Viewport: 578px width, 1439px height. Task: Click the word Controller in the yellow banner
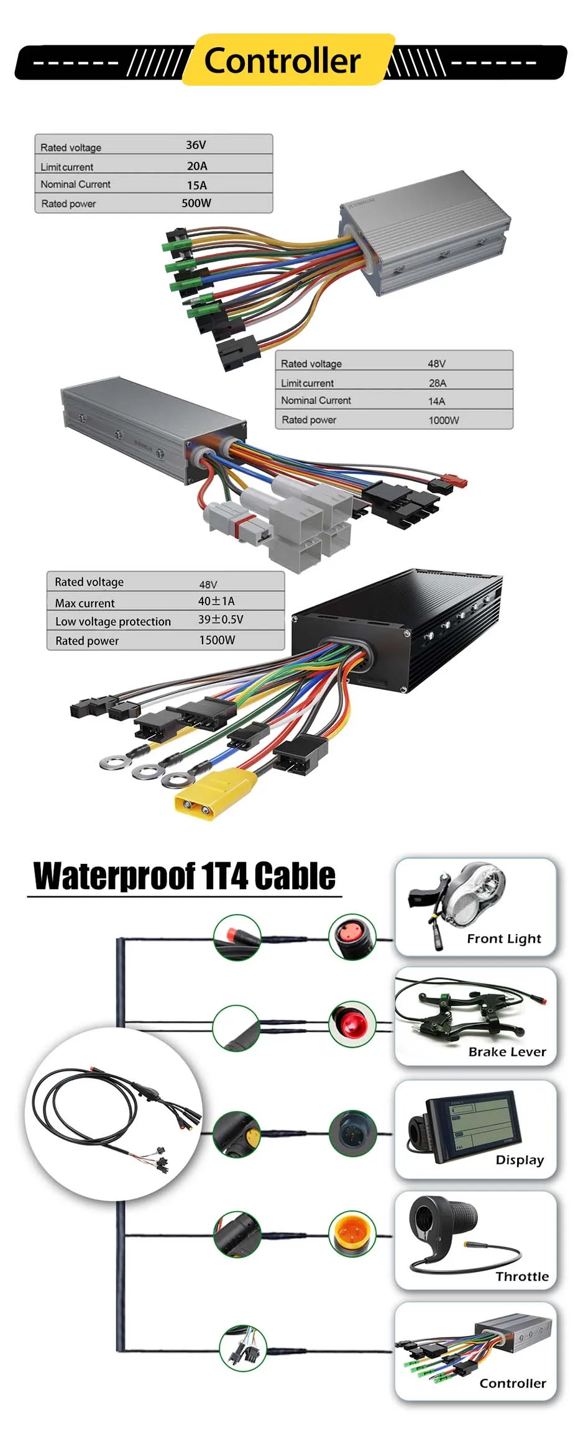pos(282,61)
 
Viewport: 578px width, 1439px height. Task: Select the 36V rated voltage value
pos(196,145)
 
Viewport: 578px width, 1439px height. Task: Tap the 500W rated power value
pos(196,203)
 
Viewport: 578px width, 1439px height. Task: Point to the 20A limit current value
pos(197,166)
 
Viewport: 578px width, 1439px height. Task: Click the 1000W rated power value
pos(444,420)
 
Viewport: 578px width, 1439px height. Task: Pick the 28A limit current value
pos(438,383)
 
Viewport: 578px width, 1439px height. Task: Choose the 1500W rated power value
pos(217,640)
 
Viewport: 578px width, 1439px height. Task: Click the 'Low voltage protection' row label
pos(113,622)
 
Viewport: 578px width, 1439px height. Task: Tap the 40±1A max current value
pos(216,601)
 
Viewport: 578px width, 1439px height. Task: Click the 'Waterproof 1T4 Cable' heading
pos(185,876)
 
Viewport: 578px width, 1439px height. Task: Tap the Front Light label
pos(504,939)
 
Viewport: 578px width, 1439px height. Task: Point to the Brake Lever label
pos(507,1052)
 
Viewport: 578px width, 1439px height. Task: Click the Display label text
pos(520,1160)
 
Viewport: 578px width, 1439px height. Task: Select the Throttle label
pos(522,1276)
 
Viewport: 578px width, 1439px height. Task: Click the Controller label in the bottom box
pos(513,1383)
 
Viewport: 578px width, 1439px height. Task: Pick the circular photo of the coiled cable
pos(114,1114)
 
